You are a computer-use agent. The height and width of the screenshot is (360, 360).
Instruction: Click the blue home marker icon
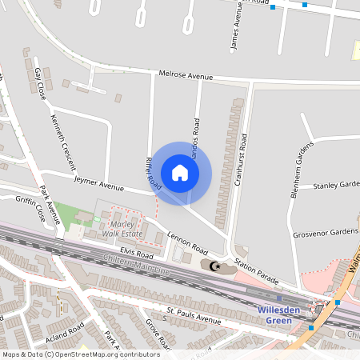180,173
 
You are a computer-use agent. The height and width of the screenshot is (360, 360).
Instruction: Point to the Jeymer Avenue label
98,183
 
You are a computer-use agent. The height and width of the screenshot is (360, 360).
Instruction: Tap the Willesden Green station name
279,315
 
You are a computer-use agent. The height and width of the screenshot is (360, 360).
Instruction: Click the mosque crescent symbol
214,265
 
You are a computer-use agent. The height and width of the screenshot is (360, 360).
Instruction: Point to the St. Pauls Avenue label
193,314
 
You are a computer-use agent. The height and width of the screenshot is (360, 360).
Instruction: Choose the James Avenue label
236,28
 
